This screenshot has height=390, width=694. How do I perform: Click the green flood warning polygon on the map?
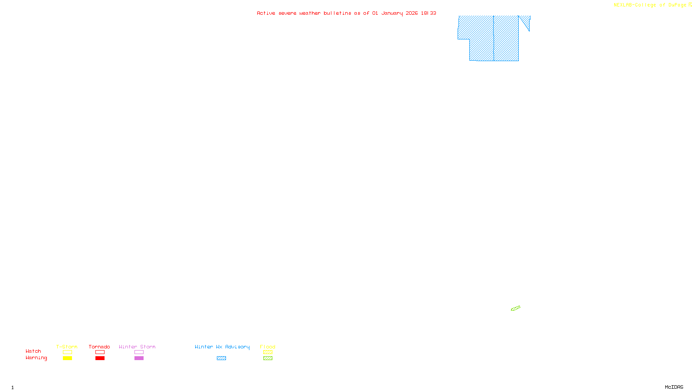515,309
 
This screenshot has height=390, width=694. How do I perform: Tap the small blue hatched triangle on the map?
526,21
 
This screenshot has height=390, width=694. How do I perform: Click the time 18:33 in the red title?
428,13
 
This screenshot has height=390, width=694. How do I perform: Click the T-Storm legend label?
67,347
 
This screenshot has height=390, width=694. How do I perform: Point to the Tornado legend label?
99,347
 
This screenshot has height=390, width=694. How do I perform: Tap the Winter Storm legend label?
137,347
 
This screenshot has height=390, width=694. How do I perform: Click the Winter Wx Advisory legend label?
222,347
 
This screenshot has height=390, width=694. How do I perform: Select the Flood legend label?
268,347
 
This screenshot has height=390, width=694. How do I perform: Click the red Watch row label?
33,351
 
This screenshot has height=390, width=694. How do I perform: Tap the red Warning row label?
36,358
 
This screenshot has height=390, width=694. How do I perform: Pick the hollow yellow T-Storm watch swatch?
67,352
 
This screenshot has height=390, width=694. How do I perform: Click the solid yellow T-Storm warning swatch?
67,358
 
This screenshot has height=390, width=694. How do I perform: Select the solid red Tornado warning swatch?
100,358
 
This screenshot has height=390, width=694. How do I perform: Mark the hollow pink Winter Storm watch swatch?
139,352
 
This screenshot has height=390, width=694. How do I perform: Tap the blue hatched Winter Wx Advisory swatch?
221,358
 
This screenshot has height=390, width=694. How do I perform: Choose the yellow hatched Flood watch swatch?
268,352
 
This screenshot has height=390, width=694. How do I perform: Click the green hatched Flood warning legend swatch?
268,358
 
